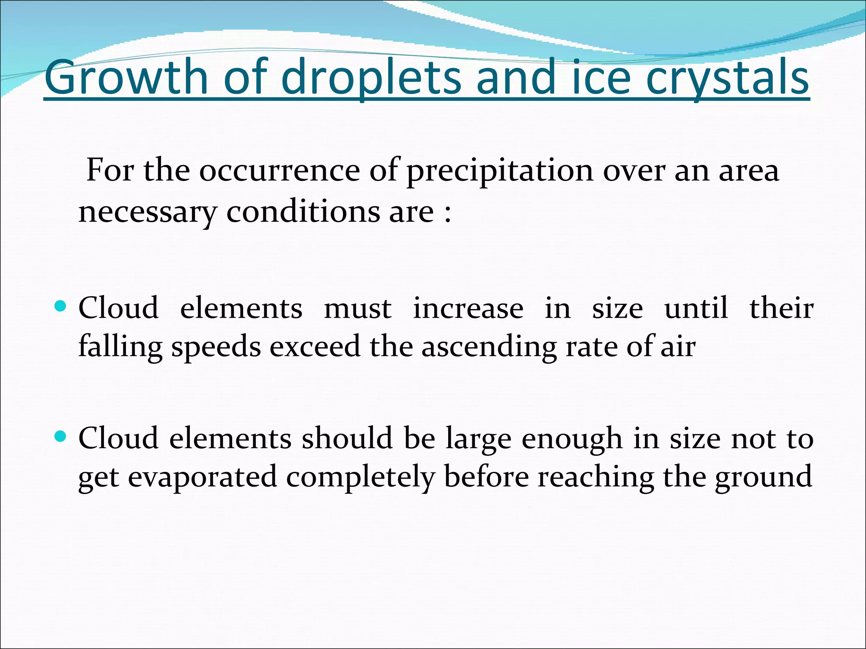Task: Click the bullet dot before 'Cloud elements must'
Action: click(61, 305)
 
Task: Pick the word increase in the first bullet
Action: click(468, 308)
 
